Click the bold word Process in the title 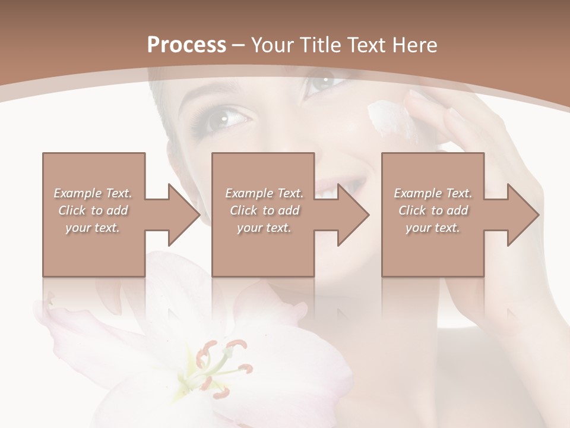pos(186,45)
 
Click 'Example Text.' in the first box pos(93,193)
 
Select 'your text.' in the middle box pos(264,228)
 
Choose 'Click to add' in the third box pos(433,210)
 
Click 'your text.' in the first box pos(93,228)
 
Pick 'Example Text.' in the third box pos(433,193)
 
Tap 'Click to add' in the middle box pos(264,210)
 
